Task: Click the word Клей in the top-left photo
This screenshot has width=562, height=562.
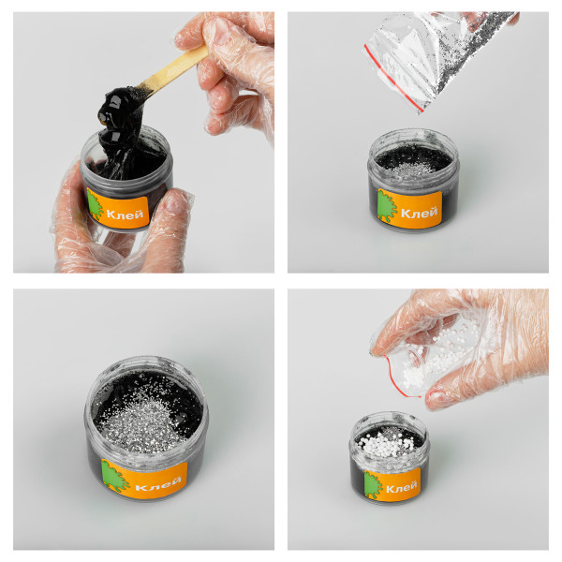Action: point(125,214)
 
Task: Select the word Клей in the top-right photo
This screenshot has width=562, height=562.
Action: point(419,213)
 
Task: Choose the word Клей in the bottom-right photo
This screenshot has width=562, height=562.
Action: point(401,487)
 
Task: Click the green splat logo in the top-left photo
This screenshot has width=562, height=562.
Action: point(96,206)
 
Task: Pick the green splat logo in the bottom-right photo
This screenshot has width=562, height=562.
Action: point(374,484)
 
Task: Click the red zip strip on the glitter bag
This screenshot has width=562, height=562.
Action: point(392,78)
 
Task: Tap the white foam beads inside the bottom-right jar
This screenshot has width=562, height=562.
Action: point(380,445)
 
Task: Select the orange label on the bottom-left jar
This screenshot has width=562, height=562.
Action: point(144,479)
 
